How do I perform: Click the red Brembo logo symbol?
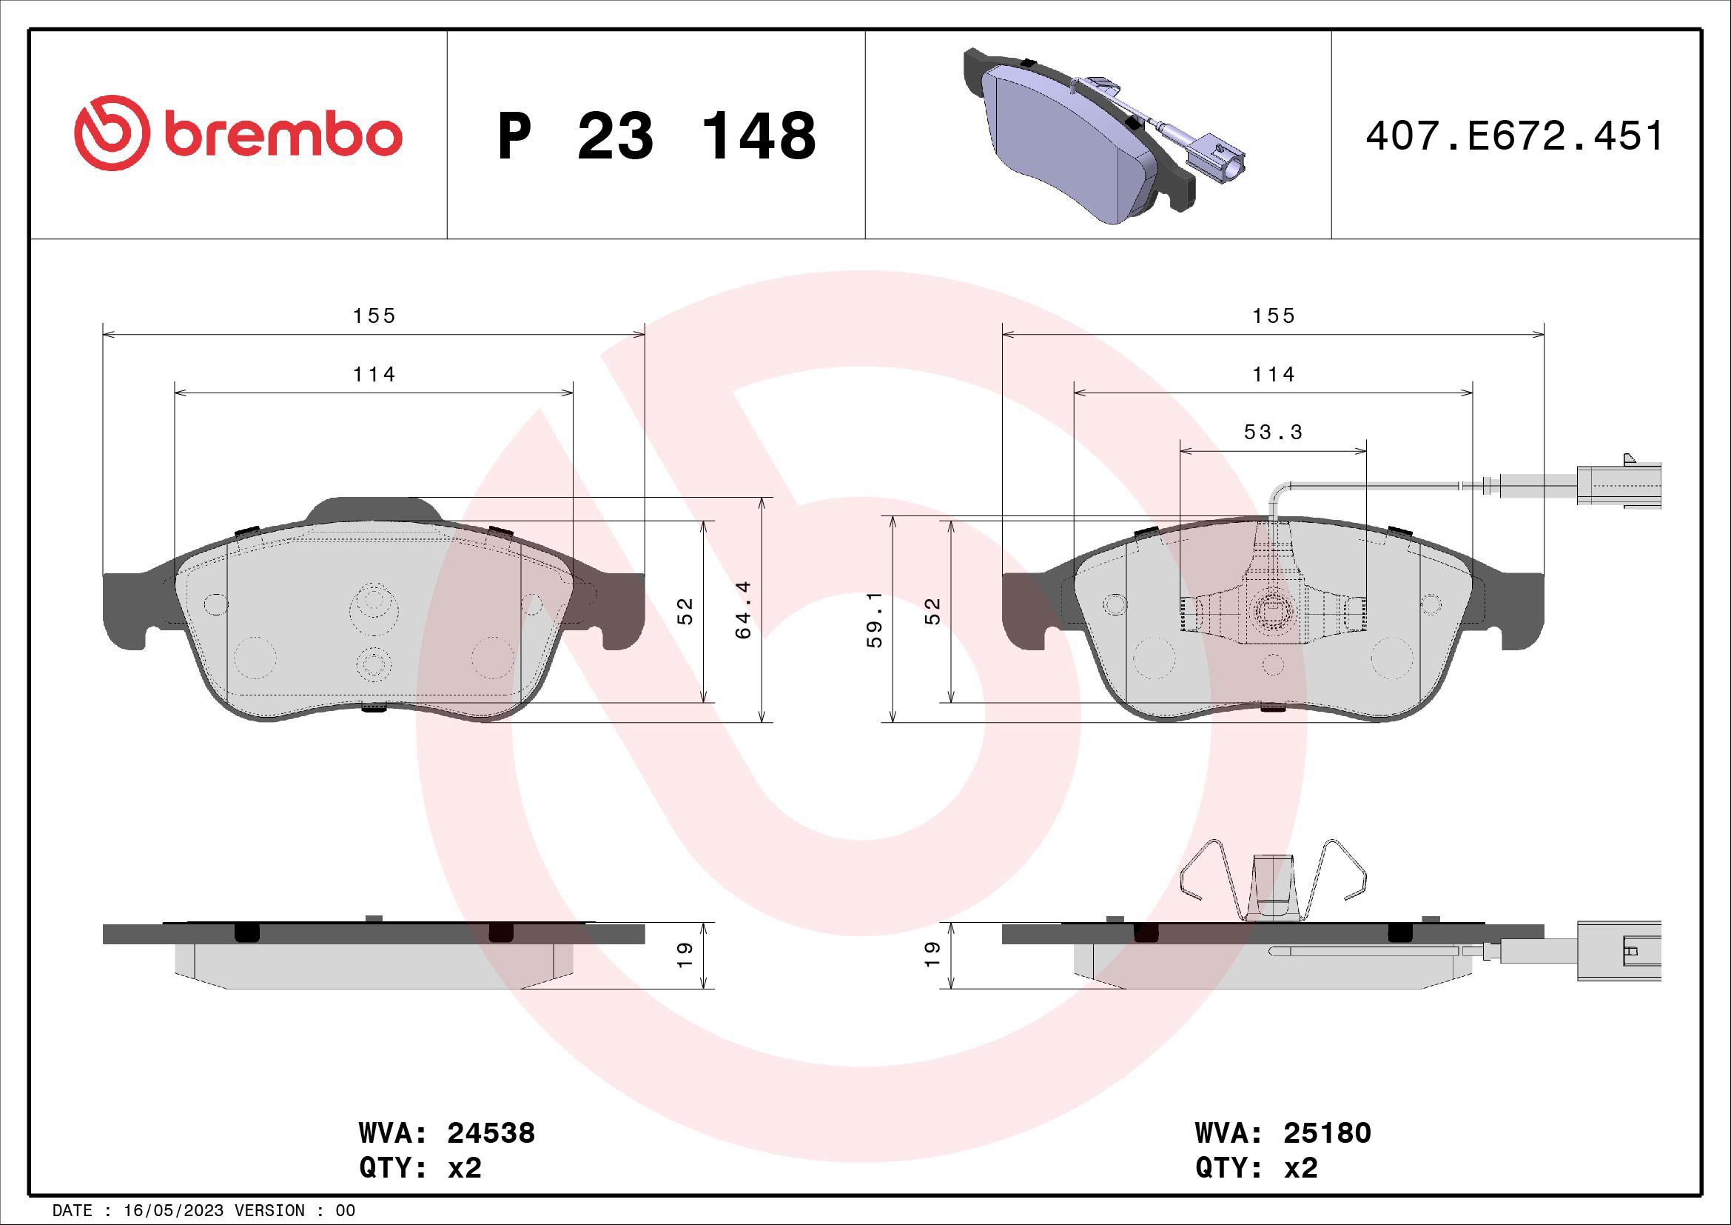tap(110, 133)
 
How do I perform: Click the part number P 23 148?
tap(656, 136)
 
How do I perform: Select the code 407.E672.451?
tap(1514, 136)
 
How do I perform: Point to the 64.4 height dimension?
tap(743, 610)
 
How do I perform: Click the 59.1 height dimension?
tap(875, 619)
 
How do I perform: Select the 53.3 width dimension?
tap(1274, 433)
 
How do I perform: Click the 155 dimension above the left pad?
tap(374, 316)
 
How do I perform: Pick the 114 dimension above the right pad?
tap(1274, 374)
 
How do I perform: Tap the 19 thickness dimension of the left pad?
tap(685, 955)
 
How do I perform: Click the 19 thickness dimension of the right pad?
tap(932, 955)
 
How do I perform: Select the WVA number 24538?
tap(491, 1134)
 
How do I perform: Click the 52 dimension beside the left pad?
tap(685, 610)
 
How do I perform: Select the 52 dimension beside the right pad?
tap(932, 610)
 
